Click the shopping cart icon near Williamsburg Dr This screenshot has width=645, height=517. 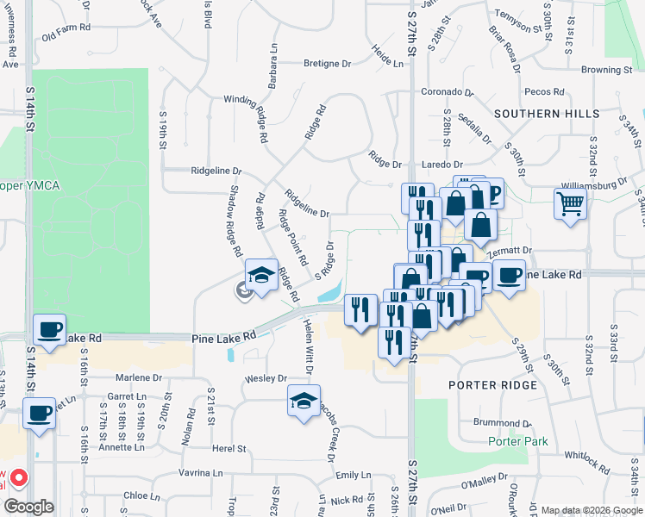[x=570, y=205]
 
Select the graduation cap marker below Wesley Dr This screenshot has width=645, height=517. [x=304, y=401]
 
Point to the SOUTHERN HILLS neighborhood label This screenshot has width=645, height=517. [x=547, y=114]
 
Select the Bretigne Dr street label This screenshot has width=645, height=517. [x=327, y=64]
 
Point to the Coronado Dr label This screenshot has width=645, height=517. [x=448, y=91]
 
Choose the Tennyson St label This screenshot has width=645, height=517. [x=523, y=27]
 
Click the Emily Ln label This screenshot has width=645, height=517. [x=353, y=475]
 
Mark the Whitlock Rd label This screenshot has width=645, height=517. [x=587, y=462]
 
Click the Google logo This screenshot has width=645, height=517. [x=29, y=507]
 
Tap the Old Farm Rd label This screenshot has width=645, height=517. [x=65, y=36]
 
